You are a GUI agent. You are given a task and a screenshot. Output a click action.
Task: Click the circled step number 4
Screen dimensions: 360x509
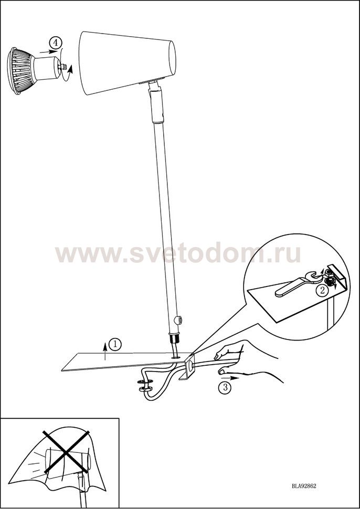tap(56, 43)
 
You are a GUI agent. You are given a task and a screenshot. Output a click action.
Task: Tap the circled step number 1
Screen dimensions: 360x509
tap(115, 344)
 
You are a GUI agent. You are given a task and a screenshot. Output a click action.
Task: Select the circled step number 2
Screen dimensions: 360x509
tap(322, 290)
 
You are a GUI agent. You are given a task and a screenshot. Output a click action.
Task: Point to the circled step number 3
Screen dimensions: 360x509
tap(224, 388)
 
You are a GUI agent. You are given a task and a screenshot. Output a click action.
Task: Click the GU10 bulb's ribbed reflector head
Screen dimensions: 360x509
tap(20, 70)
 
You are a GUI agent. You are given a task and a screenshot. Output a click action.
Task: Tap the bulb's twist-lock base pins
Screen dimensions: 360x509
tap(62, 67)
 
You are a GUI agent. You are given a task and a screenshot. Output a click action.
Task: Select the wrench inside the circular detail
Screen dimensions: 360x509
tap(297, 283)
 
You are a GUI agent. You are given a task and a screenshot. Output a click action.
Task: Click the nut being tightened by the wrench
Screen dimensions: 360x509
tap(330, 279)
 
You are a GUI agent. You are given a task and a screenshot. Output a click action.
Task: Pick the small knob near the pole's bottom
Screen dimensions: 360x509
tap(177, 320)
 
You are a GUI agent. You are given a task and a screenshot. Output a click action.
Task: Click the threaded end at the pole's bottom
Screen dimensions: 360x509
tap(175, 339)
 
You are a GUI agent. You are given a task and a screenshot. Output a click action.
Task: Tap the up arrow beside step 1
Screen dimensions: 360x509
tap(105, 351)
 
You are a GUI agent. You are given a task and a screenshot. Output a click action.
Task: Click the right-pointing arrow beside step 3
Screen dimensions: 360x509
tap(230, 378)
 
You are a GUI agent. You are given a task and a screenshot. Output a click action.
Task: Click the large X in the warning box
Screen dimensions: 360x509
tap(66, 452)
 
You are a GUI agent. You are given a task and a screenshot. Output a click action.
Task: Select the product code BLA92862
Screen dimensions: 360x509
tap(304, 486)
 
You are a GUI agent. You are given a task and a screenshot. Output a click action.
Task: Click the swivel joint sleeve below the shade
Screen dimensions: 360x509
tap(156, 105)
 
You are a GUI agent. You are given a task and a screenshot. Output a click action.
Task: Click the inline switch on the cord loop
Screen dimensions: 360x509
tap(145, 385)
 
